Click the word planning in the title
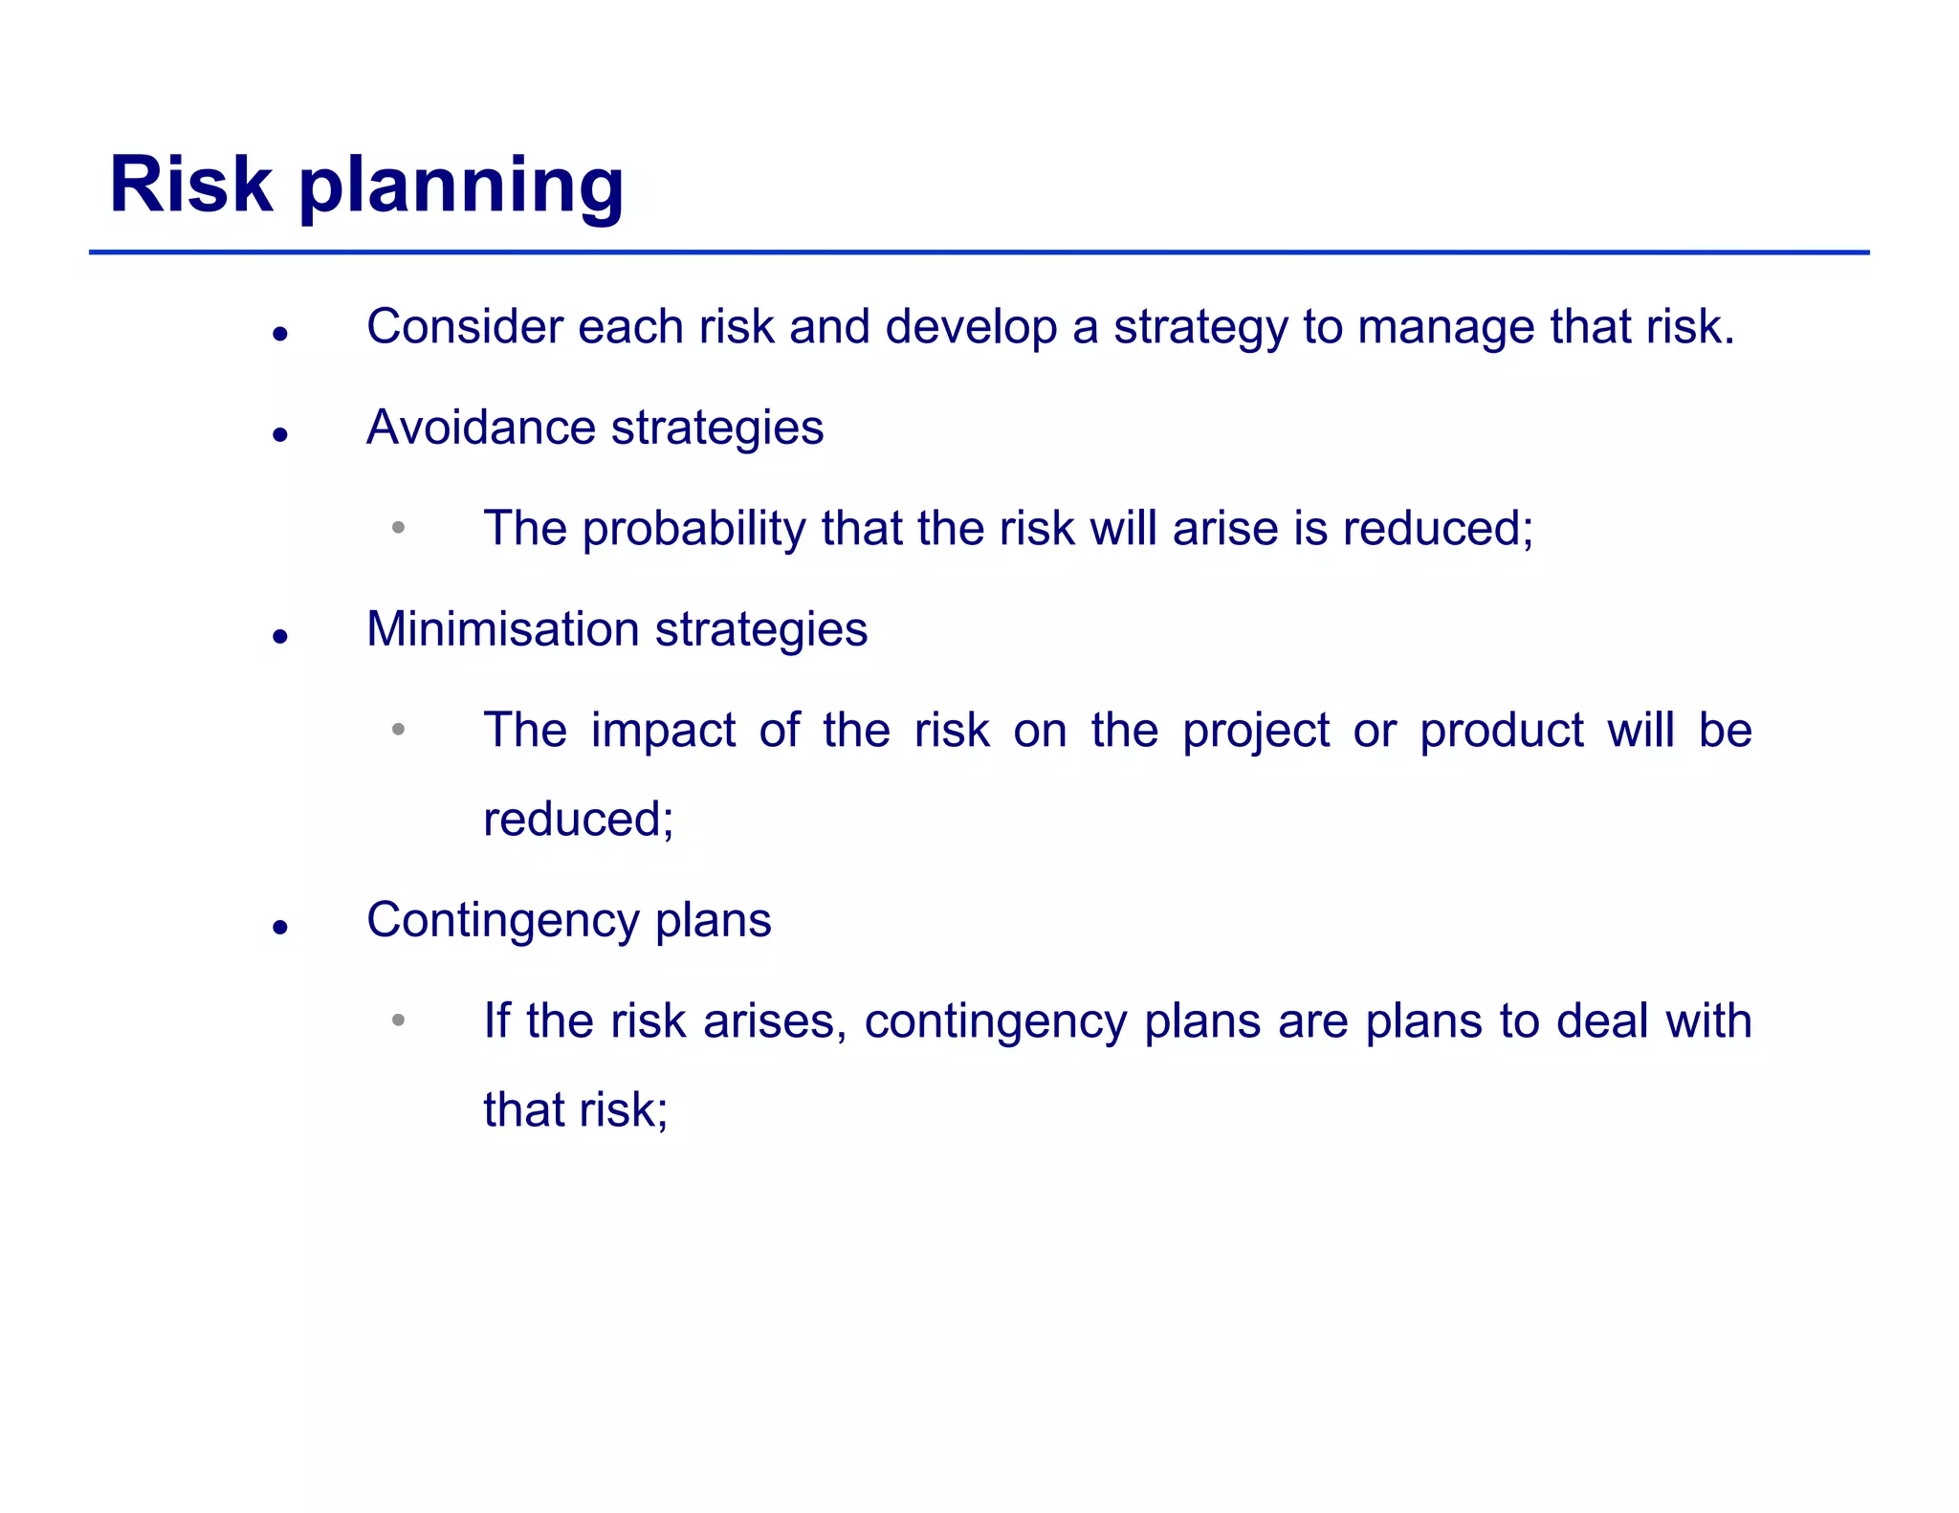[x=462, y=187]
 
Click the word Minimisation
[x=502, y=629]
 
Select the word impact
[x=663, y=732]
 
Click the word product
[x=1501, y=732]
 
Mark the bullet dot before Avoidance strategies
[x=279, y=435]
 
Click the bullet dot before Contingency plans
[x=279, y=927]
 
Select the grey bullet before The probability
[x=398, y=528]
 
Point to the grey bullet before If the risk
[x=398, y=1020]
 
